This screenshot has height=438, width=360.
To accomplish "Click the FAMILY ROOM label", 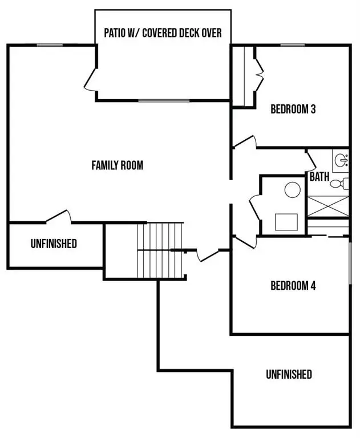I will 117,165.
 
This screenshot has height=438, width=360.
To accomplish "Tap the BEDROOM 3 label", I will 293,109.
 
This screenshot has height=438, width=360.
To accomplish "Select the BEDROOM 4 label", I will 293,286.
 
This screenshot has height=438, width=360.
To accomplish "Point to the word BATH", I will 319,177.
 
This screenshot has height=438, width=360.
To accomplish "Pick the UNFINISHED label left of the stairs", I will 54,244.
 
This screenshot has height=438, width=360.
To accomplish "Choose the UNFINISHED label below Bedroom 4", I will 289,374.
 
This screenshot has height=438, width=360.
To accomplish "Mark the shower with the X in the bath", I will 327,205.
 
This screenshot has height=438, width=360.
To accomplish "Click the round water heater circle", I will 293,189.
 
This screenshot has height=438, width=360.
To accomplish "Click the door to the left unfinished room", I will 59,215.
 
